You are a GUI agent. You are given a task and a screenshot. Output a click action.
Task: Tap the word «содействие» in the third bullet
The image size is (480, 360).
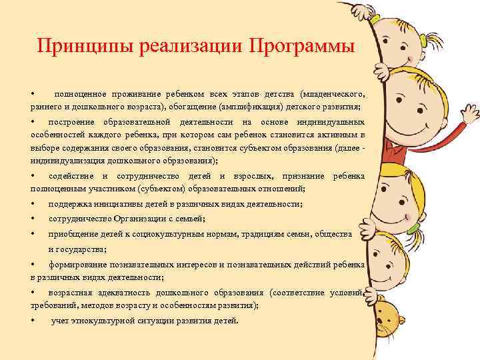[71, 176]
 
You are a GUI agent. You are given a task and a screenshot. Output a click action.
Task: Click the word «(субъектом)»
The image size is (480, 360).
[147, 187]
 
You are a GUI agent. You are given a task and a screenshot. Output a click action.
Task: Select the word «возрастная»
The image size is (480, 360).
[71, 293]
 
